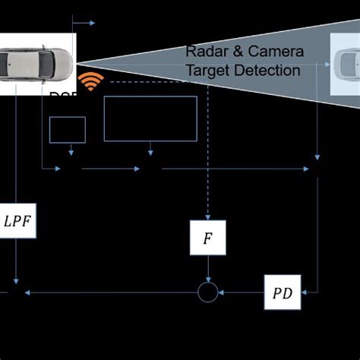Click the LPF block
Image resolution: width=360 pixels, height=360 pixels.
(17, 222)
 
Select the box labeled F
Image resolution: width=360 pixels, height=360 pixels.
(207, 238)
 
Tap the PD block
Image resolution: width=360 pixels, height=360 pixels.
(283, 292)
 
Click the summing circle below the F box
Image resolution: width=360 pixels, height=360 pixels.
(207, 292)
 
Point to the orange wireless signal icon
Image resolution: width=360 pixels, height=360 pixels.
(90, 82)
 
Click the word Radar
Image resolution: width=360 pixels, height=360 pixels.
(206, 52)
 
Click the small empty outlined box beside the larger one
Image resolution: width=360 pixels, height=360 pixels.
(68, 130)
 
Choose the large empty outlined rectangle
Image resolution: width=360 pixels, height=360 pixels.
(150, 118)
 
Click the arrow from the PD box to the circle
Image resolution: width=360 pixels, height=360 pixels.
(242, 292)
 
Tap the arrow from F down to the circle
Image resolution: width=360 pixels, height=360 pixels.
(207, 270)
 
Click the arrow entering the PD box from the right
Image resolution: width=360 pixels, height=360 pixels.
(308, 292)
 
